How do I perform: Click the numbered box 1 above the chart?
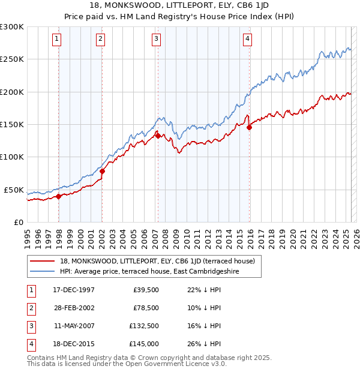[x=56, y=40]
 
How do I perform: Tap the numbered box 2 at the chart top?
[x=100, y=40]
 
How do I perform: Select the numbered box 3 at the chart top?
[x=156, y=40]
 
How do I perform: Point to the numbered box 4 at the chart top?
[x=247, y=40]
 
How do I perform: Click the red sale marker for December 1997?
[x=58, y=196]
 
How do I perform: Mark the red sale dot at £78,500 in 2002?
[x=102, y=171]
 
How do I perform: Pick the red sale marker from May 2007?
[x=158, y=136]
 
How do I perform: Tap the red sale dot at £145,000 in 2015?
[x=249, y=127]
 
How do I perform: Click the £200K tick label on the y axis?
[x=12, y=92]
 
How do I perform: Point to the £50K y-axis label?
[x=14, y=190]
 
